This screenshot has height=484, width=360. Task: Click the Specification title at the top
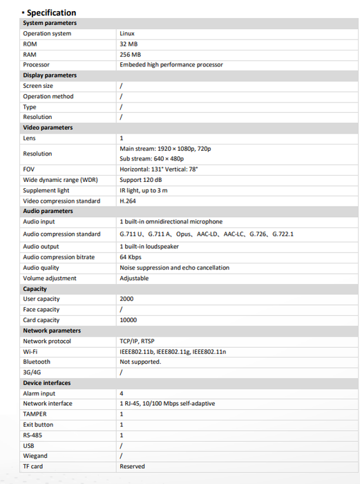51,12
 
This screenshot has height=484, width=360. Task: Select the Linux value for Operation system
127,33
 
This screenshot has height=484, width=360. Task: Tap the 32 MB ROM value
129,44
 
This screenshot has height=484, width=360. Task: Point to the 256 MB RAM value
130,54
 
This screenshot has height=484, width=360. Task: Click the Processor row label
36,64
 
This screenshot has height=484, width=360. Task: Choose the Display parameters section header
50,75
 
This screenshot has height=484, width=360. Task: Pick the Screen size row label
38,86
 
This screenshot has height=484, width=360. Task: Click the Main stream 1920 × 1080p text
165,149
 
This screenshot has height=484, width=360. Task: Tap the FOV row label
29,169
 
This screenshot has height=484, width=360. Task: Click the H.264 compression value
128,201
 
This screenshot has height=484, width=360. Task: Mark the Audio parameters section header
48,212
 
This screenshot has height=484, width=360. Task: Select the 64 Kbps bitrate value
131,257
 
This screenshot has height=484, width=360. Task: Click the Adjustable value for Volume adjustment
134,278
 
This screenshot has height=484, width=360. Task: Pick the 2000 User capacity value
126,299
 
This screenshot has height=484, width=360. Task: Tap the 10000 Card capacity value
129,320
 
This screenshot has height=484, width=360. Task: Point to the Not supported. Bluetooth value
140,362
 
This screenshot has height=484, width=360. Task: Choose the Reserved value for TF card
132,467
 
